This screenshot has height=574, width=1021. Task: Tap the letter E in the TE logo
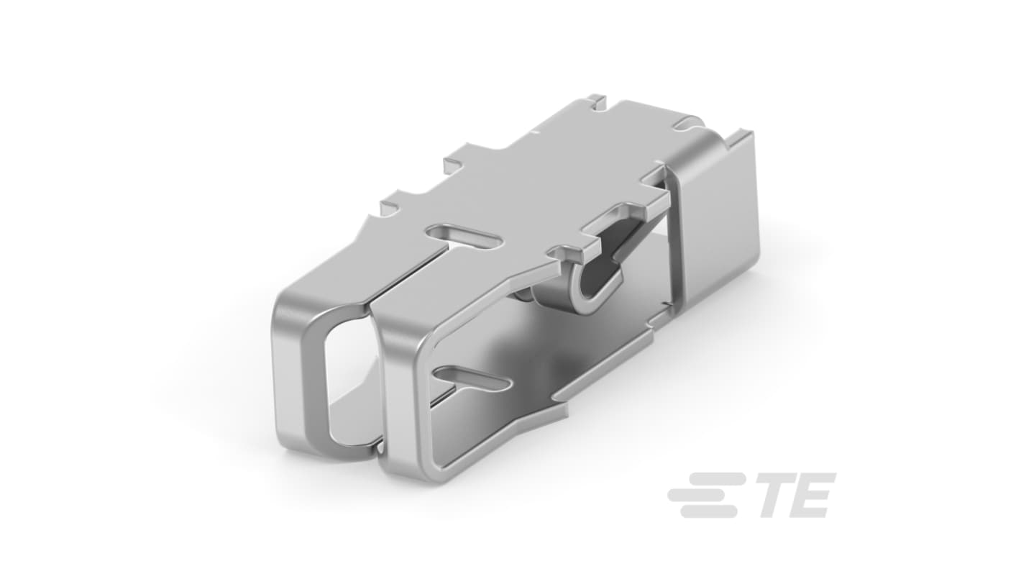(x=814, y=495)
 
